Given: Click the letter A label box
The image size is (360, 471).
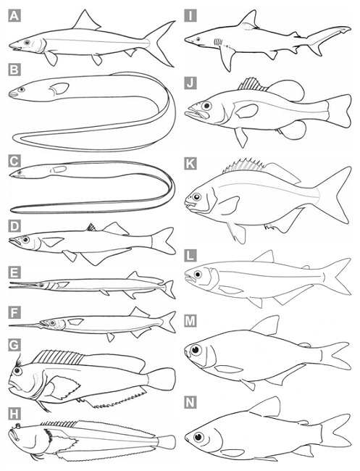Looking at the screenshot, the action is [14, 16].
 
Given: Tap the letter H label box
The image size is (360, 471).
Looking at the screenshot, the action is [14, 414].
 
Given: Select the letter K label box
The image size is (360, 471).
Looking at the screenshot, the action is [191, 164].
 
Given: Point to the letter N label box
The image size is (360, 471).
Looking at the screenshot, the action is [191, 402].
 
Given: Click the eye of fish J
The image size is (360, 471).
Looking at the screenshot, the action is [206, 106].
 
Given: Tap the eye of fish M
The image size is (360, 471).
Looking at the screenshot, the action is [196, 350].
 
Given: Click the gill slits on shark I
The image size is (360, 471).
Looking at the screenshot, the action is [218, 42].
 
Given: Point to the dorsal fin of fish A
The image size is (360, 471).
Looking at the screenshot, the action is [86, 20].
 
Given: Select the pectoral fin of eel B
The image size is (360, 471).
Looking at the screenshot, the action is [59, 88].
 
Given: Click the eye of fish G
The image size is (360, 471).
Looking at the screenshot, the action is [17, 371].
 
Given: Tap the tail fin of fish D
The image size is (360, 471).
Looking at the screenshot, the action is [163, 241].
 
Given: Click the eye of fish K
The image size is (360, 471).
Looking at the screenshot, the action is [196, 197].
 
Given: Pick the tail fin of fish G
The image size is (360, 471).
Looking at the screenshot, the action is [162, 380].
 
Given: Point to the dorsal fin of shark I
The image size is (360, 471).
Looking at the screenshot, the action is [249, 20].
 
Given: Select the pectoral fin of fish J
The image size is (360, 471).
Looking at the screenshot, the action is [247, 111].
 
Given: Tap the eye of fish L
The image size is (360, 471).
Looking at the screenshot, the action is [198, 274].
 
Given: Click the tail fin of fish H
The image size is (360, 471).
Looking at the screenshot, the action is [167, 442].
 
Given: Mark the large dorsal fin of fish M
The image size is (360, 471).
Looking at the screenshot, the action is [264, 325].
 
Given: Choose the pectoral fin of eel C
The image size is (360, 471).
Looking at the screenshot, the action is [59, 169].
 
